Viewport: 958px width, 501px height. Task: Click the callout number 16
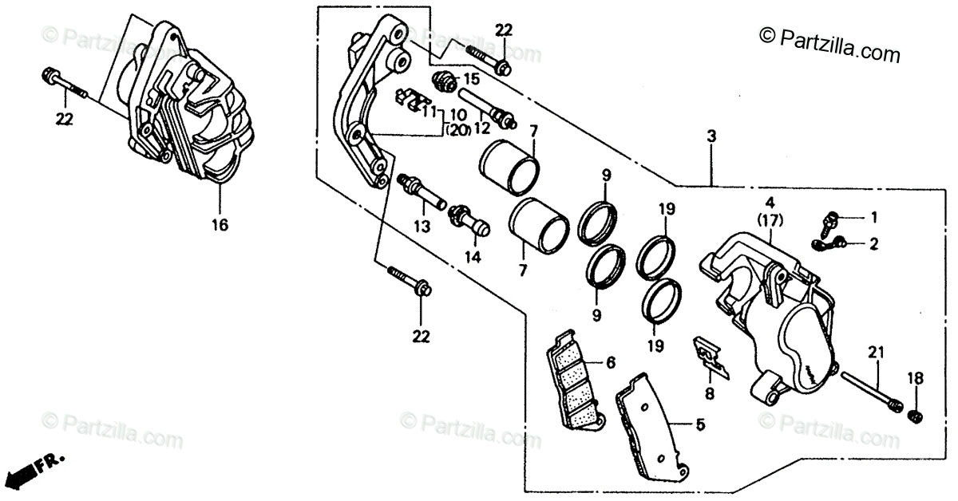pos(220,226)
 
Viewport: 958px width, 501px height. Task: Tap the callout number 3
pos(711,138)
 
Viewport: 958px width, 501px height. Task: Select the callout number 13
pos(422,227)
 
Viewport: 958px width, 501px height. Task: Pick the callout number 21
pos(877,353)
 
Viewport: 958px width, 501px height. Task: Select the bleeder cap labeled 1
pos(833,217)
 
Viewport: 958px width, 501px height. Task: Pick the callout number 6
pos(610,362)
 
